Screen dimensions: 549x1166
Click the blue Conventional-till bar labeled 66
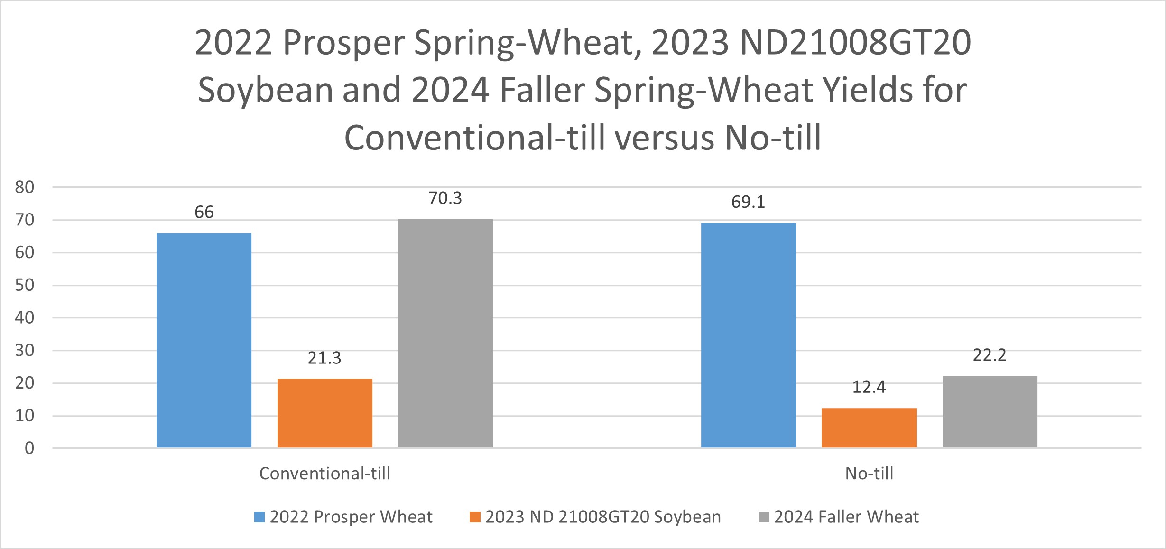[x=204, y=340]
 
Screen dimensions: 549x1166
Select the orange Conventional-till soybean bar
[x=325, y=413]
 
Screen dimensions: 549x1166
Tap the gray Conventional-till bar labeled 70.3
[x=445, y=333]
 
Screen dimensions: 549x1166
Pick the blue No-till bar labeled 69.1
[x=749, y=335]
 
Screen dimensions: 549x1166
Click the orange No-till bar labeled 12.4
[x=869, y=428]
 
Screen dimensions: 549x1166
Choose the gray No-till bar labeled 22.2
[x=990, y=411]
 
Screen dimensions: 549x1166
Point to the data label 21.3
[x=324, y=358]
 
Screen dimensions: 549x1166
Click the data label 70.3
[x=445, y=198]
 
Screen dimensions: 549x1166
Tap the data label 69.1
[x=748, y=202]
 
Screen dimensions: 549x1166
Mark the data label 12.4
[x=869, y=387]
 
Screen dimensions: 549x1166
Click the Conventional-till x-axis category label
[x=325, y=474]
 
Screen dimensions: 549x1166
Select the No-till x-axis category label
[x=869, y=474]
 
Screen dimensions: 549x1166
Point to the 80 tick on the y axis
[x=25, y=187]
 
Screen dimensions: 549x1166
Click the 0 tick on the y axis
[x=29, y=448]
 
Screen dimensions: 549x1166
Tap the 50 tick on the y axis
[x=25, y=285]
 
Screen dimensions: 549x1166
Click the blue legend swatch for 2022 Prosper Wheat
[x=259, y=517]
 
